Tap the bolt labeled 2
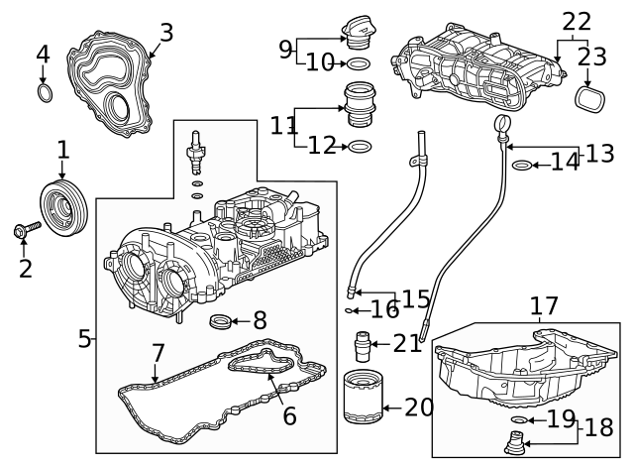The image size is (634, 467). point(24,231)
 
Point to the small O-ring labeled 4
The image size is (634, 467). point(44,93)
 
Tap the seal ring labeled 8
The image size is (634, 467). point(224,321)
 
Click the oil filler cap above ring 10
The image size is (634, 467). point(359,29)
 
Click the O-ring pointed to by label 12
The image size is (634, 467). point(362,147)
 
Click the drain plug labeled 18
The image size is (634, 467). point(513,445)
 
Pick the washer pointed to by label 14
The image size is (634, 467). point(520,163)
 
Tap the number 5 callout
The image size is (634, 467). point(84,339)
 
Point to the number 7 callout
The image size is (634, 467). point(158,354)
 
